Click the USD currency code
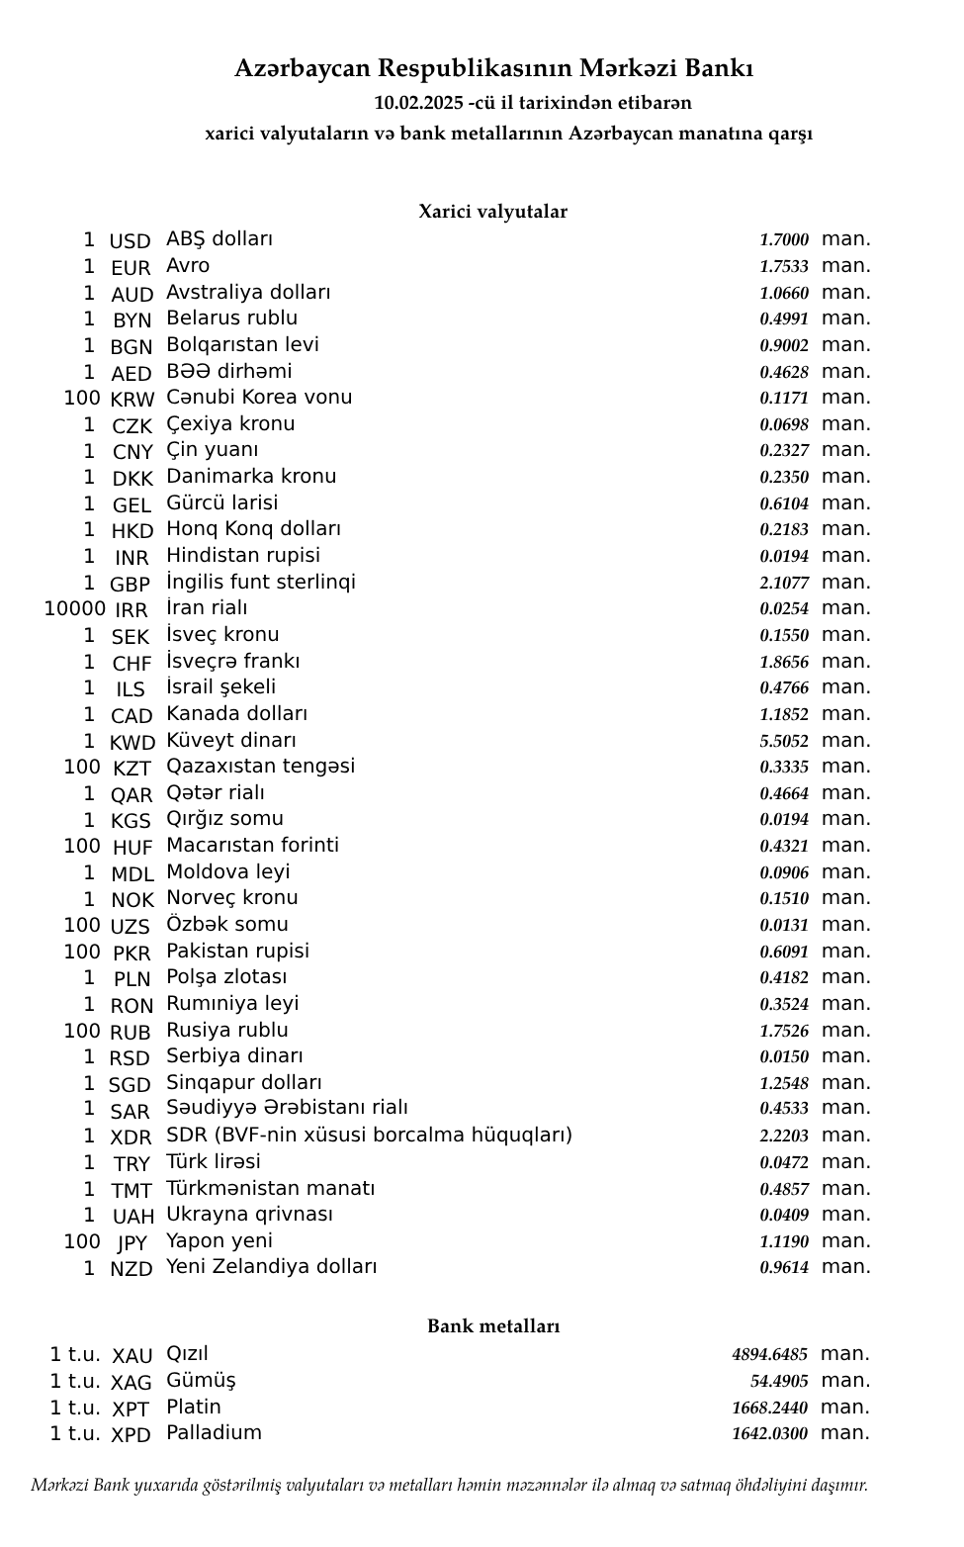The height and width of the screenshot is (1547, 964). (130, 241)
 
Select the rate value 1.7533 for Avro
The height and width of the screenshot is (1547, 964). (783, 267)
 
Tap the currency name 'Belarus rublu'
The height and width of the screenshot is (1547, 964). (231, 318)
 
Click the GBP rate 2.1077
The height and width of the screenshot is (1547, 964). (783, 583)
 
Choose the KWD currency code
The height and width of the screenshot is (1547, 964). (132, 743)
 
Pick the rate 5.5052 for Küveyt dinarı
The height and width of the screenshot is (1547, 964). (783, 741)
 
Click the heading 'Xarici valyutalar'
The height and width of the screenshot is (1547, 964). (492, 212)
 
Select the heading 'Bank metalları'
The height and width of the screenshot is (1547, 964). (493, 1326)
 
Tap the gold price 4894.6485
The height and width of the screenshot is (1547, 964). (769, 1355)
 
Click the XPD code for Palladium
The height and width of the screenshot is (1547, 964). (131, 1435)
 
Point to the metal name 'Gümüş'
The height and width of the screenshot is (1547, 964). (201, 1381)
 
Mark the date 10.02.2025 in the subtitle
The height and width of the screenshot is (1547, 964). (418, 103)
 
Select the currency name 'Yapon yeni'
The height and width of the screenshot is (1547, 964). (219, 1241)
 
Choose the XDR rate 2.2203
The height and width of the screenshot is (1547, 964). (783, 1136)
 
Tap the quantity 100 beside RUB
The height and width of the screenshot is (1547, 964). (82, 1031)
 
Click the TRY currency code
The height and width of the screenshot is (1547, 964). (131, 1164)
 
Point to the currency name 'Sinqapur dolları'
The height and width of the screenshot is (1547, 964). (243, 1083)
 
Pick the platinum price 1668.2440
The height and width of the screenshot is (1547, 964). (769, 1408)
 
